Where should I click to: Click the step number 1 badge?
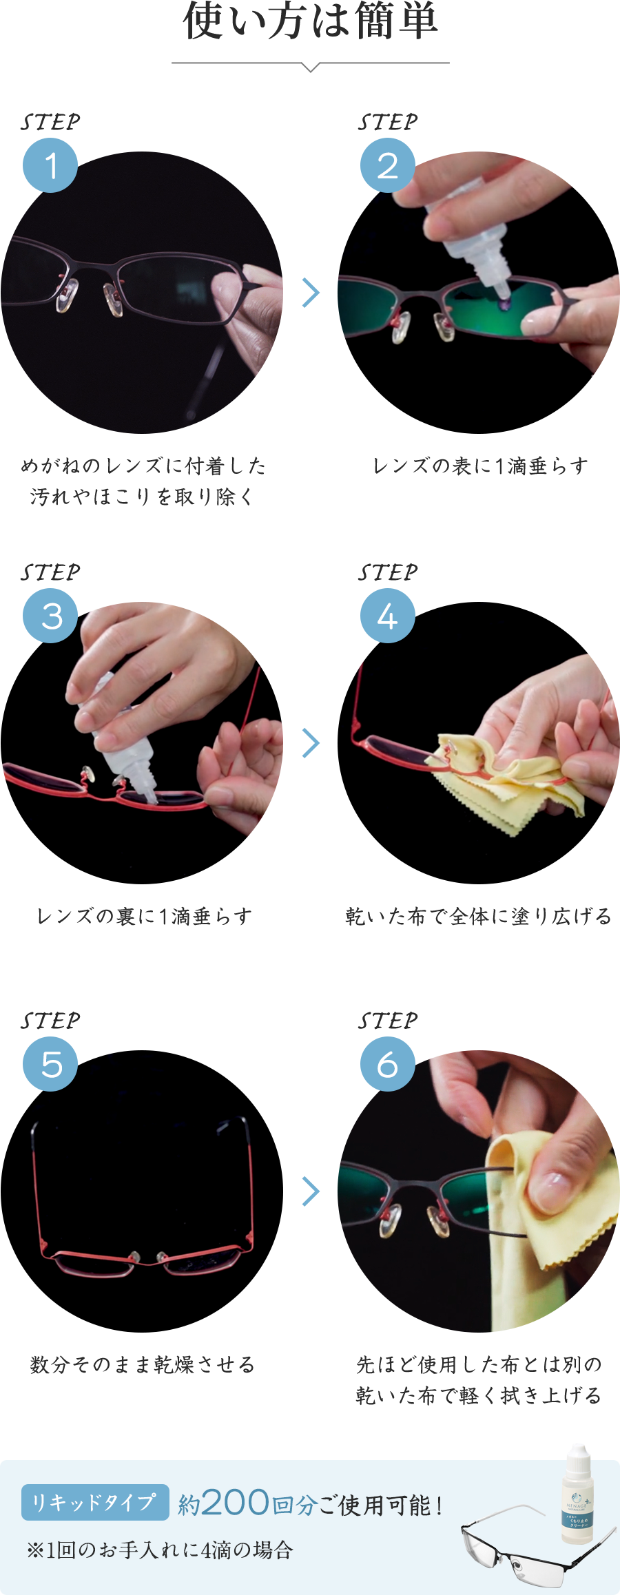[x=50, y=165]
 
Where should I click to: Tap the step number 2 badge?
[x=387, y=165]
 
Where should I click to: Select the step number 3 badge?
[x=50, y=616]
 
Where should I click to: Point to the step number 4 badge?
[x=387, y=616]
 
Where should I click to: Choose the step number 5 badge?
[x=50, y=1064]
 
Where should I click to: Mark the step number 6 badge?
[x=387, y=1064]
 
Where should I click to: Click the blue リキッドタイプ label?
[x=95, y=1502]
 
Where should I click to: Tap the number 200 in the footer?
[x=235, y=1503]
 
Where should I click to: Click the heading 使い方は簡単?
[x=310, y=21]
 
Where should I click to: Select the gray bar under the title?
[x=310, y=67]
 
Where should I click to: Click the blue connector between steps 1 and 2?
[x=311, y=292]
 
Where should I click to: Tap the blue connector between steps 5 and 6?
[x=311, y=1191]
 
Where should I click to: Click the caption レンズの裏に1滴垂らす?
[x=145, y=917]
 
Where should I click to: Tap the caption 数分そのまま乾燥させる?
[x=142, y=1364]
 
